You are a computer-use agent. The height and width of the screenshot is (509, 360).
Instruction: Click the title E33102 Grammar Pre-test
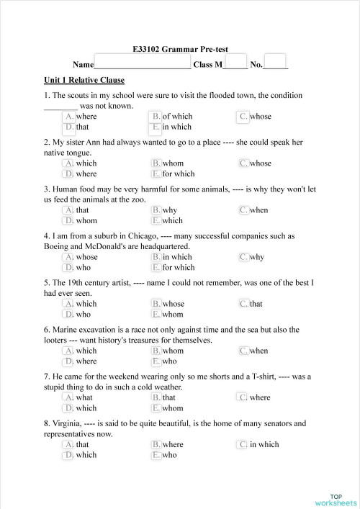pos(181,49)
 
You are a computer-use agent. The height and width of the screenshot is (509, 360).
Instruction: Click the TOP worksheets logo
pos(336,499)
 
